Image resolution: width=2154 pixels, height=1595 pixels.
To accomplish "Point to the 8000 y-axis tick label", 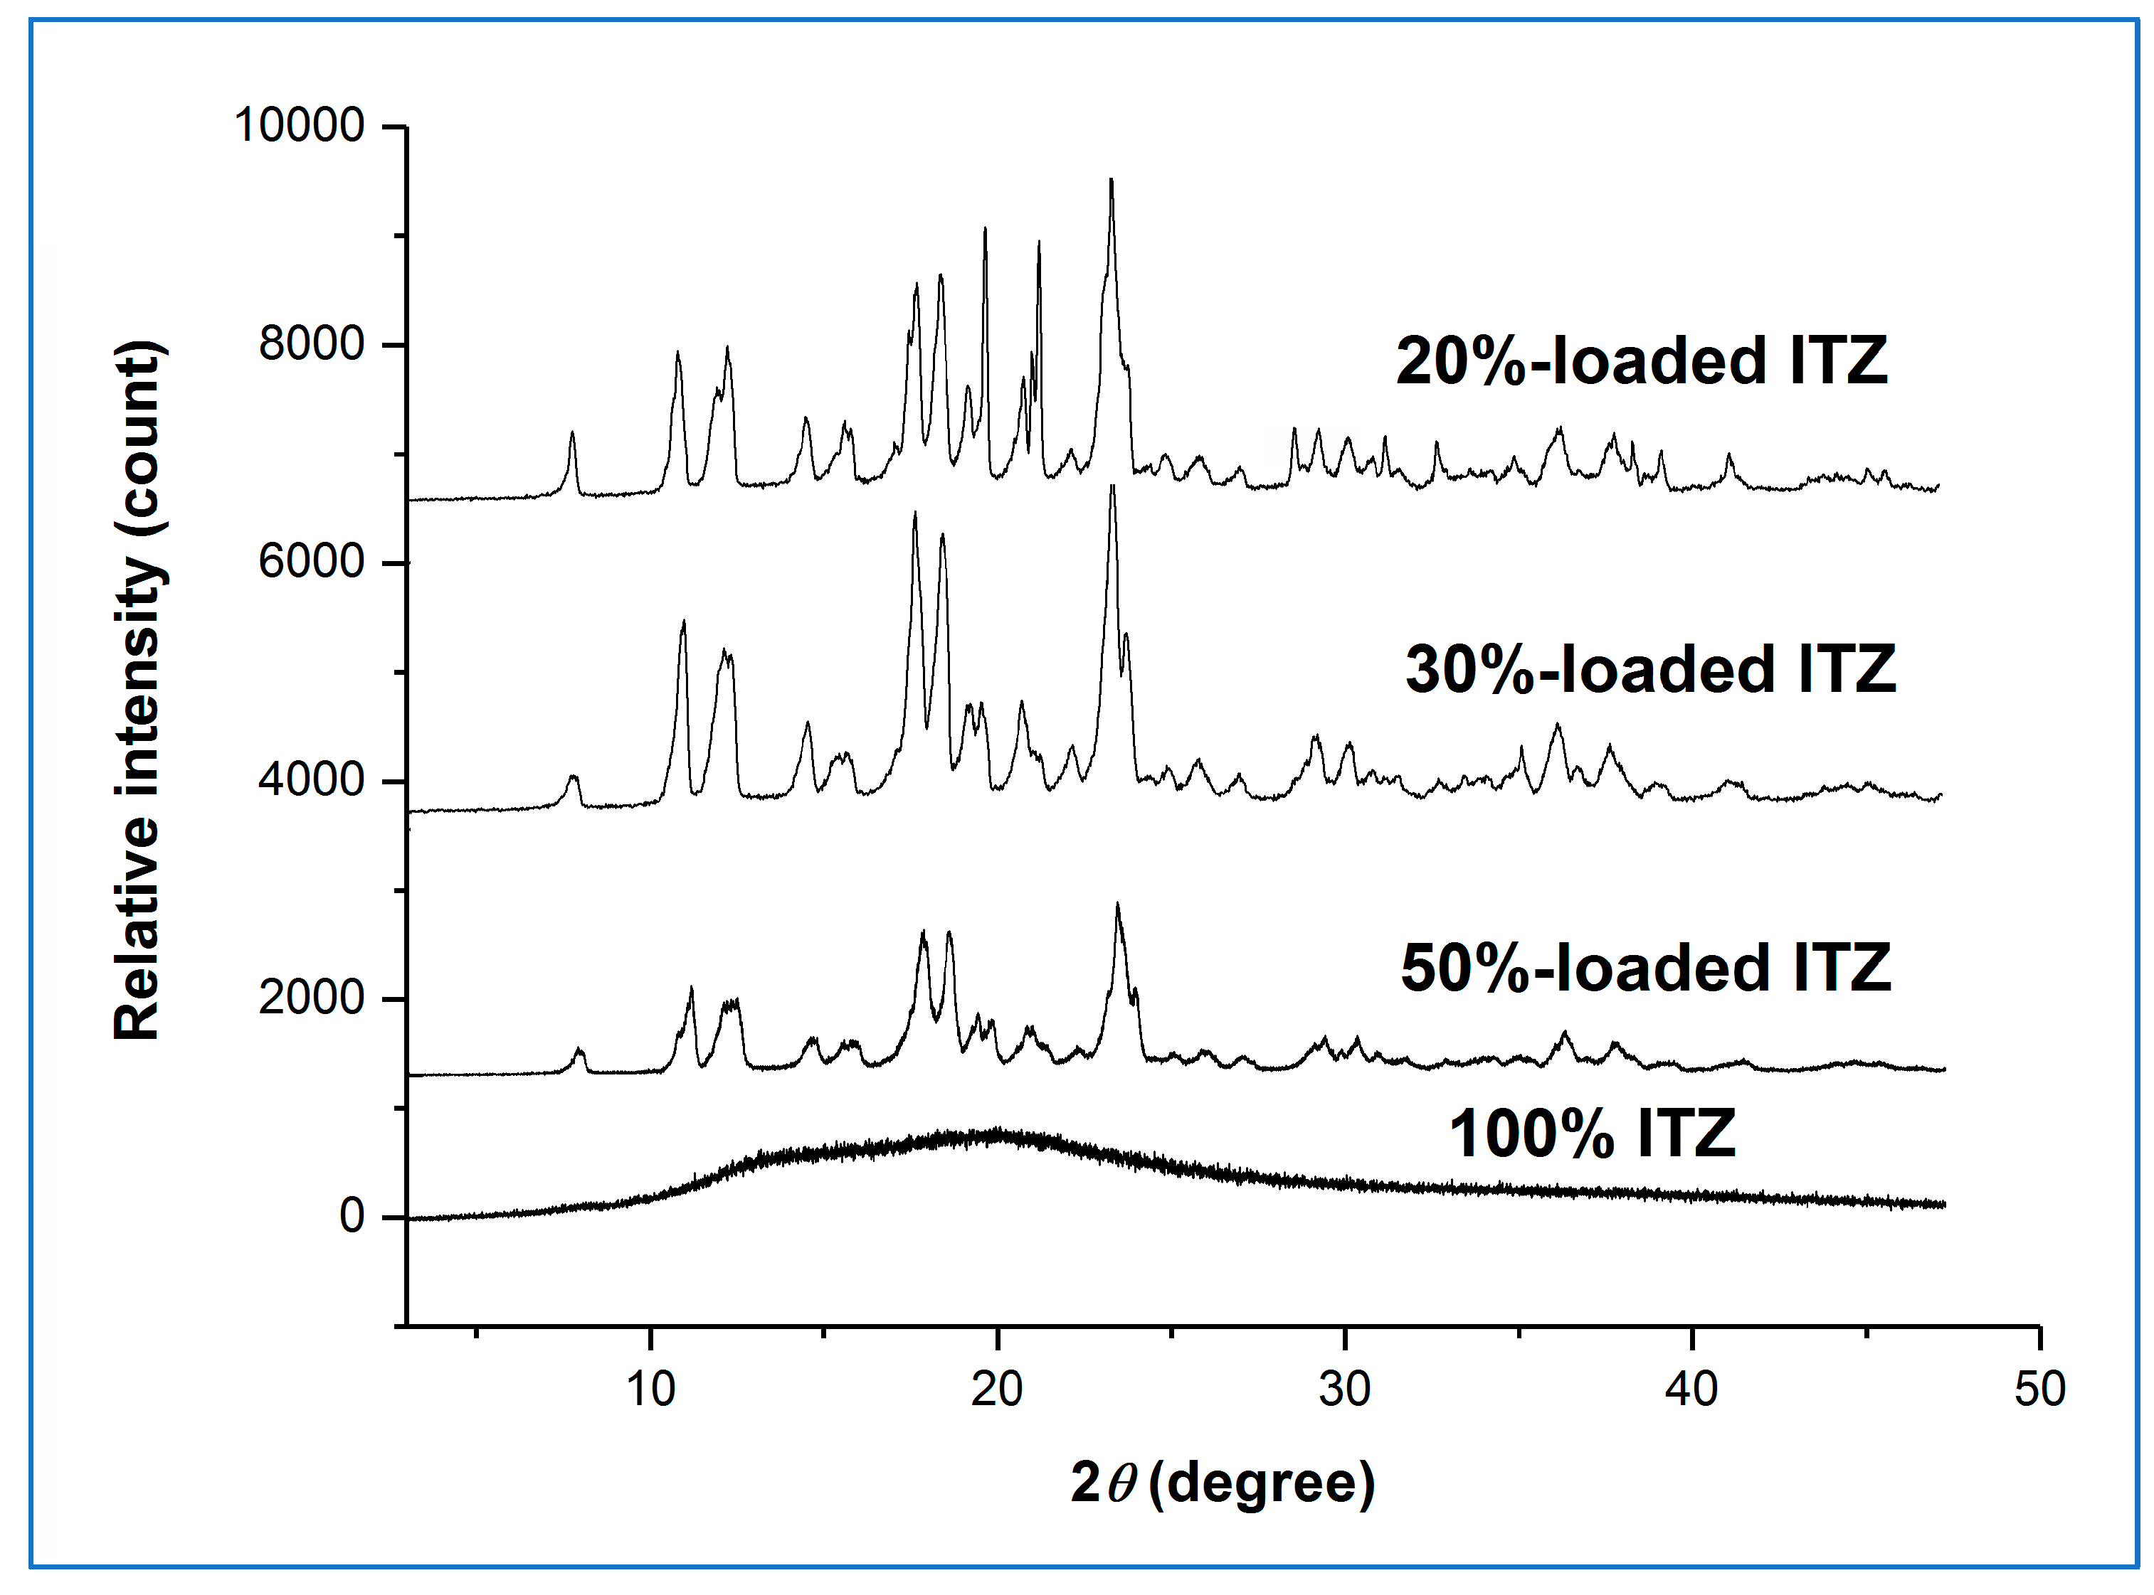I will (311, 345).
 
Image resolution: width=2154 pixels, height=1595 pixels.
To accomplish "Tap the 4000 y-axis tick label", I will (311, 780).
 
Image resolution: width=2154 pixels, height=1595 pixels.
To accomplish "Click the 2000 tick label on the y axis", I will (311, 998).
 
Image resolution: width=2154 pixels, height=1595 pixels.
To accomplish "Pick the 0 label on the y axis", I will (352, 1217).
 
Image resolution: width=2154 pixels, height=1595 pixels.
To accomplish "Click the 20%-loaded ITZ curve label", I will (1641, 362).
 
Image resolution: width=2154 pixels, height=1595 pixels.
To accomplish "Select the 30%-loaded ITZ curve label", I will (1649, 670).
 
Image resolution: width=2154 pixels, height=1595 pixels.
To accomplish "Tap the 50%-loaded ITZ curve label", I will (1645, 969).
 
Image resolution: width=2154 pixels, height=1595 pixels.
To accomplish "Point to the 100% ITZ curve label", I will (1592, 1133).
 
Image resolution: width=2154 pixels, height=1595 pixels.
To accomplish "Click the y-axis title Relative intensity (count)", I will (138, 690).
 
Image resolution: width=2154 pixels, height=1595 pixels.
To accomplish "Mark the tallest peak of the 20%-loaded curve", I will (1112, 181).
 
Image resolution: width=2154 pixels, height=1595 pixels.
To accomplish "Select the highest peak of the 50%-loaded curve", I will (1118, 905).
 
